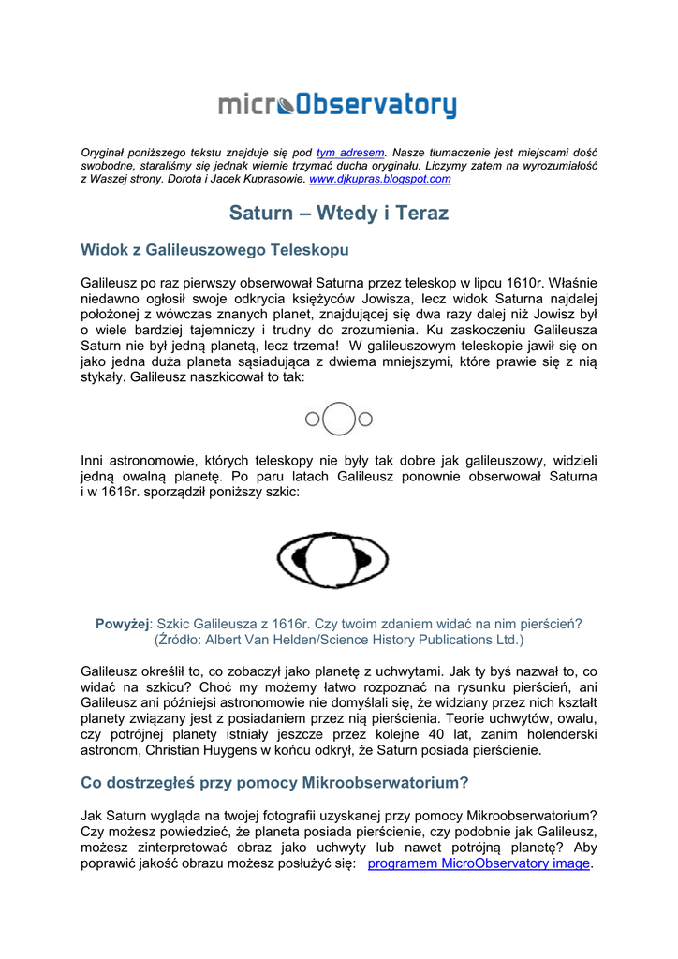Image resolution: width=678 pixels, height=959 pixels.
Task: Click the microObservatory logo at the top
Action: point(338,106)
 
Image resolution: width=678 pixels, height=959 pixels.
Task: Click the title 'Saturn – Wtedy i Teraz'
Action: point(339,214)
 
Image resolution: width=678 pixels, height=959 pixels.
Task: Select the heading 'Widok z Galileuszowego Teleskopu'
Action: point(214,250)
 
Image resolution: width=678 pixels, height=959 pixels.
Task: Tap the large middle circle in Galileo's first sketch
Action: point(339,419)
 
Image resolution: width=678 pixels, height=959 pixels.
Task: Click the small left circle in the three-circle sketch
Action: point(313,420)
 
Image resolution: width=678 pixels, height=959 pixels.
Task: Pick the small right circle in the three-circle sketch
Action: point(365,420)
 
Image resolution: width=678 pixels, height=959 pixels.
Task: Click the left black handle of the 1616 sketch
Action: point(301,559)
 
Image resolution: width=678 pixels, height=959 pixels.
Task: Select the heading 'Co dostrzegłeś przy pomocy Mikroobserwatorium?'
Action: point(274,782)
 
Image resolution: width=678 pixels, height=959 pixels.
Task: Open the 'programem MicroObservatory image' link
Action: point(479,863)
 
